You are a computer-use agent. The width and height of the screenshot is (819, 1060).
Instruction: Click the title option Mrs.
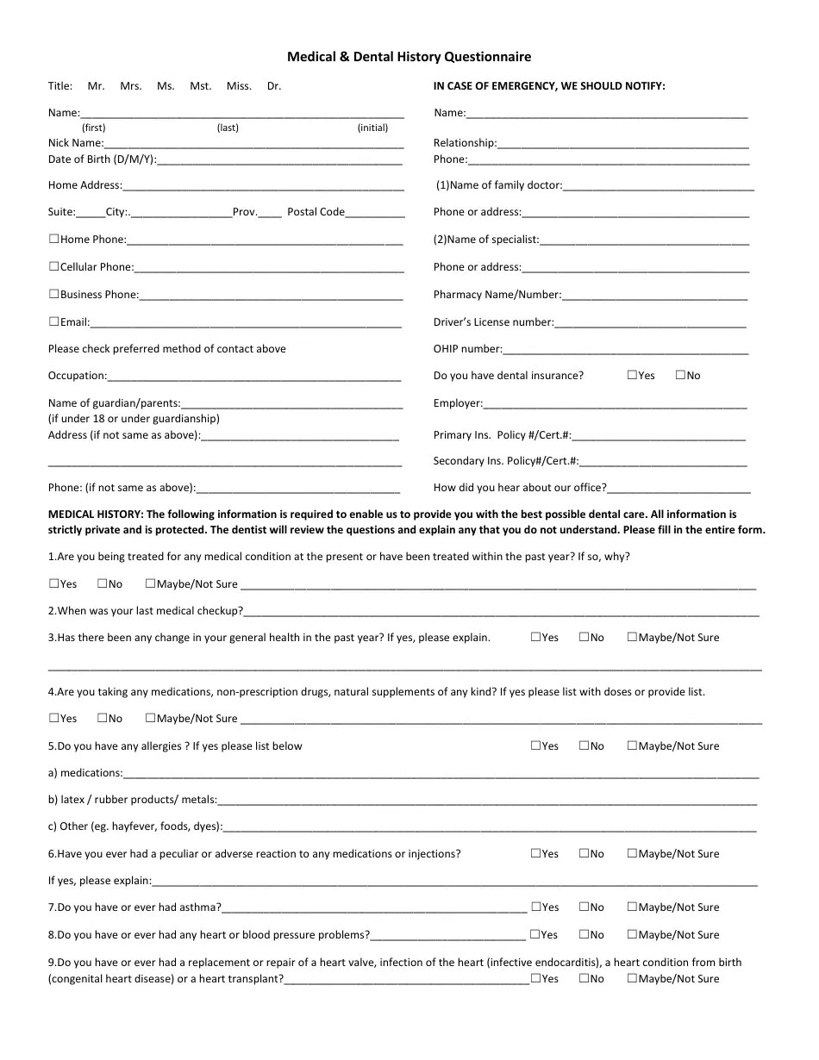pyautogui.click(x=131, y=86)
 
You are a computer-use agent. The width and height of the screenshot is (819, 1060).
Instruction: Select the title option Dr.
pyautogui.click(x=274, y=86)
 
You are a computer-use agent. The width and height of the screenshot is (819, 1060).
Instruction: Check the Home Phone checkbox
pyautogui.click(x=53, y=239)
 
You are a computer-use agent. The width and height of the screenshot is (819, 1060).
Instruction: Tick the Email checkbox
pyautogui.click(x=53, y=321)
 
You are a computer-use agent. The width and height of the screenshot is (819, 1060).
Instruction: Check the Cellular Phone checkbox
pyautogui.click(x=53, y=266)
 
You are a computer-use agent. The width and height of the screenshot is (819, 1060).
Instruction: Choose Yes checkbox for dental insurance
pyautogui.click(x=632, y=375)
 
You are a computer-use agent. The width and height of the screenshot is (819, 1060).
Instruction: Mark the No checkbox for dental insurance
pyautogui.click(x=680, y=375)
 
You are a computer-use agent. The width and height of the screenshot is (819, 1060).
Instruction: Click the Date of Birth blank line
pyautogui.click(x=279, y=160)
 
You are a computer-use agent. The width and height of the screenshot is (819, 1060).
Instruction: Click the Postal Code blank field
pyautogui.click(x=375, y=213)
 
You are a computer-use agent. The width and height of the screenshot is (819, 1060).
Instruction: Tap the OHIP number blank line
pyautogui.click(x=625, y=350)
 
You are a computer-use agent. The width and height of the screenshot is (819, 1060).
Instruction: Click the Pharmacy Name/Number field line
pyautogui.click(x=654, y=296)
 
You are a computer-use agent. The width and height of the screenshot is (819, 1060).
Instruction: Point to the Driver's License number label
pyautogui.click(x=493, y=322)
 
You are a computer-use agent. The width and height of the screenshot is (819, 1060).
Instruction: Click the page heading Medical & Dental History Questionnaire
pyautogui.click(x=409, y=57)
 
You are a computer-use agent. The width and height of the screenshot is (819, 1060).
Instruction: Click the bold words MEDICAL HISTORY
pyautogui.click(x=96, y=514)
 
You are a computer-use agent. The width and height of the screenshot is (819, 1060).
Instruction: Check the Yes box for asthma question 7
pyautogui.click(x=535, y=907)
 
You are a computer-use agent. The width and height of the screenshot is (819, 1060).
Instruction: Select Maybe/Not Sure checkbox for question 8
pyautogui.click(x=632, y=934)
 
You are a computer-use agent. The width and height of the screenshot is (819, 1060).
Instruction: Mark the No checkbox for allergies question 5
pyautogui.click(x=584, y=745)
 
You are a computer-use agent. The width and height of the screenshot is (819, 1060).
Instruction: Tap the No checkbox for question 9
pyautogui.click(x=584, y=978)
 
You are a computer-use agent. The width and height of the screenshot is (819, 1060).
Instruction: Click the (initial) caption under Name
pyautogui.click(x=372, y=128)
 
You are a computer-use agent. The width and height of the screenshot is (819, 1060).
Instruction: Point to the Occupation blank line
pyautogui.click(x=254, y=377)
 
